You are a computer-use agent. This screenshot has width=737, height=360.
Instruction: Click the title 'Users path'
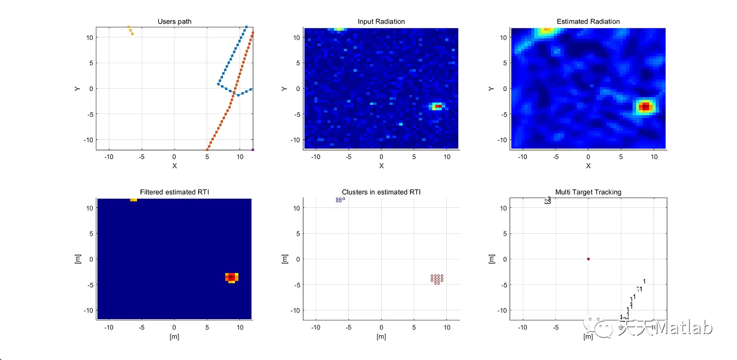pyautogui.click(x=174, y=22)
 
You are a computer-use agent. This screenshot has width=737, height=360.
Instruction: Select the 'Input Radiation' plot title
pyautogui.click(x=381, y=22)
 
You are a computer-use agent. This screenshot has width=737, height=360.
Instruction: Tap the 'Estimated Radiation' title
pyautogui.click(x=588, y=22)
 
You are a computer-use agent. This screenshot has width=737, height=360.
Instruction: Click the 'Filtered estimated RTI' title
pyautogui.click(x=174, y=192)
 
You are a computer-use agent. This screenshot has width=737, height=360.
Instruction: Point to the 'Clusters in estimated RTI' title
pyautogui.click(x=381, y=192)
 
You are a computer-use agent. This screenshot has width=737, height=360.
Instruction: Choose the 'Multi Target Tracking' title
pyautogui.click(x=588, y=192)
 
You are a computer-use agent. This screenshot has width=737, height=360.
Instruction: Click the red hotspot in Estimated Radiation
pyautogui.click(x=645, y=107)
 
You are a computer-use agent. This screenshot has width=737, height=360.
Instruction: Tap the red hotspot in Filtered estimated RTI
pyautogui.click(x=231, y=277)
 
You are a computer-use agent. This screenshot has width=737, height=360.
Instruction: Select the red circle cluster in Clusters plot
pyautogui.click(x=437, y=279)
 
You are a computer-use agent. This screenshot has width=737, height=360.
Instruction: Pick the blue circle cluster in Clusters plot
pyautogui.click(x=339, y=200)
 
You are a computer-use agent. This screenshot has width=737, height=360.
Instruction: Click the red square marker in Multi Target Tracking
pyautogui.click(x=588, y=259)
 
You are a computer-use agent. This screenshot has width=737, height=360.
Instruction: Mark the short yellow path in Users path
pyautogui.click(x=130, y=30)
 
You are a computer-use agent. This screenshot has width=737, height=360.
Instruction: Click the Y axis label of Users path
pyautogui.click(x=77, y=89)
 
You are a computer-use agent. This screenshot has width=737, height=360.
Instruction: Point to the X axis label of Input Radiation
pyautogui.click(x=381, y=166)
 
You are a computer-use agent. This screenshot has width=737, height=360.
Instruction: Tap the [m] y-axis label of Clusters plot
pyautogui.click(x=284, y=259)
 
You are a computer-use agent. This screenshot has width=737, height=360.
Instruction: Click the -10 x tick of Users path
pyautogui.click(x=108, y=157)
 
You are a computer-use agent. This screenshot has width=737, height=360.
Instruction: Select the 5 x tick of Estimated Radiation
pyautogui.click(x=621, y=157)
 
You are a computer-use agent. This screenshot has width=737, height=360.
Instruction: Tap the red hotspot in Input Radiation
pyautogui.click(x=438, y=107)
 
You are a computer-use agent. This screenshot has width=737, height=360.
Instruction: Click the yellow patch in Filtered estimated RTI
pyautogui.click(x=133, y=199)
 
